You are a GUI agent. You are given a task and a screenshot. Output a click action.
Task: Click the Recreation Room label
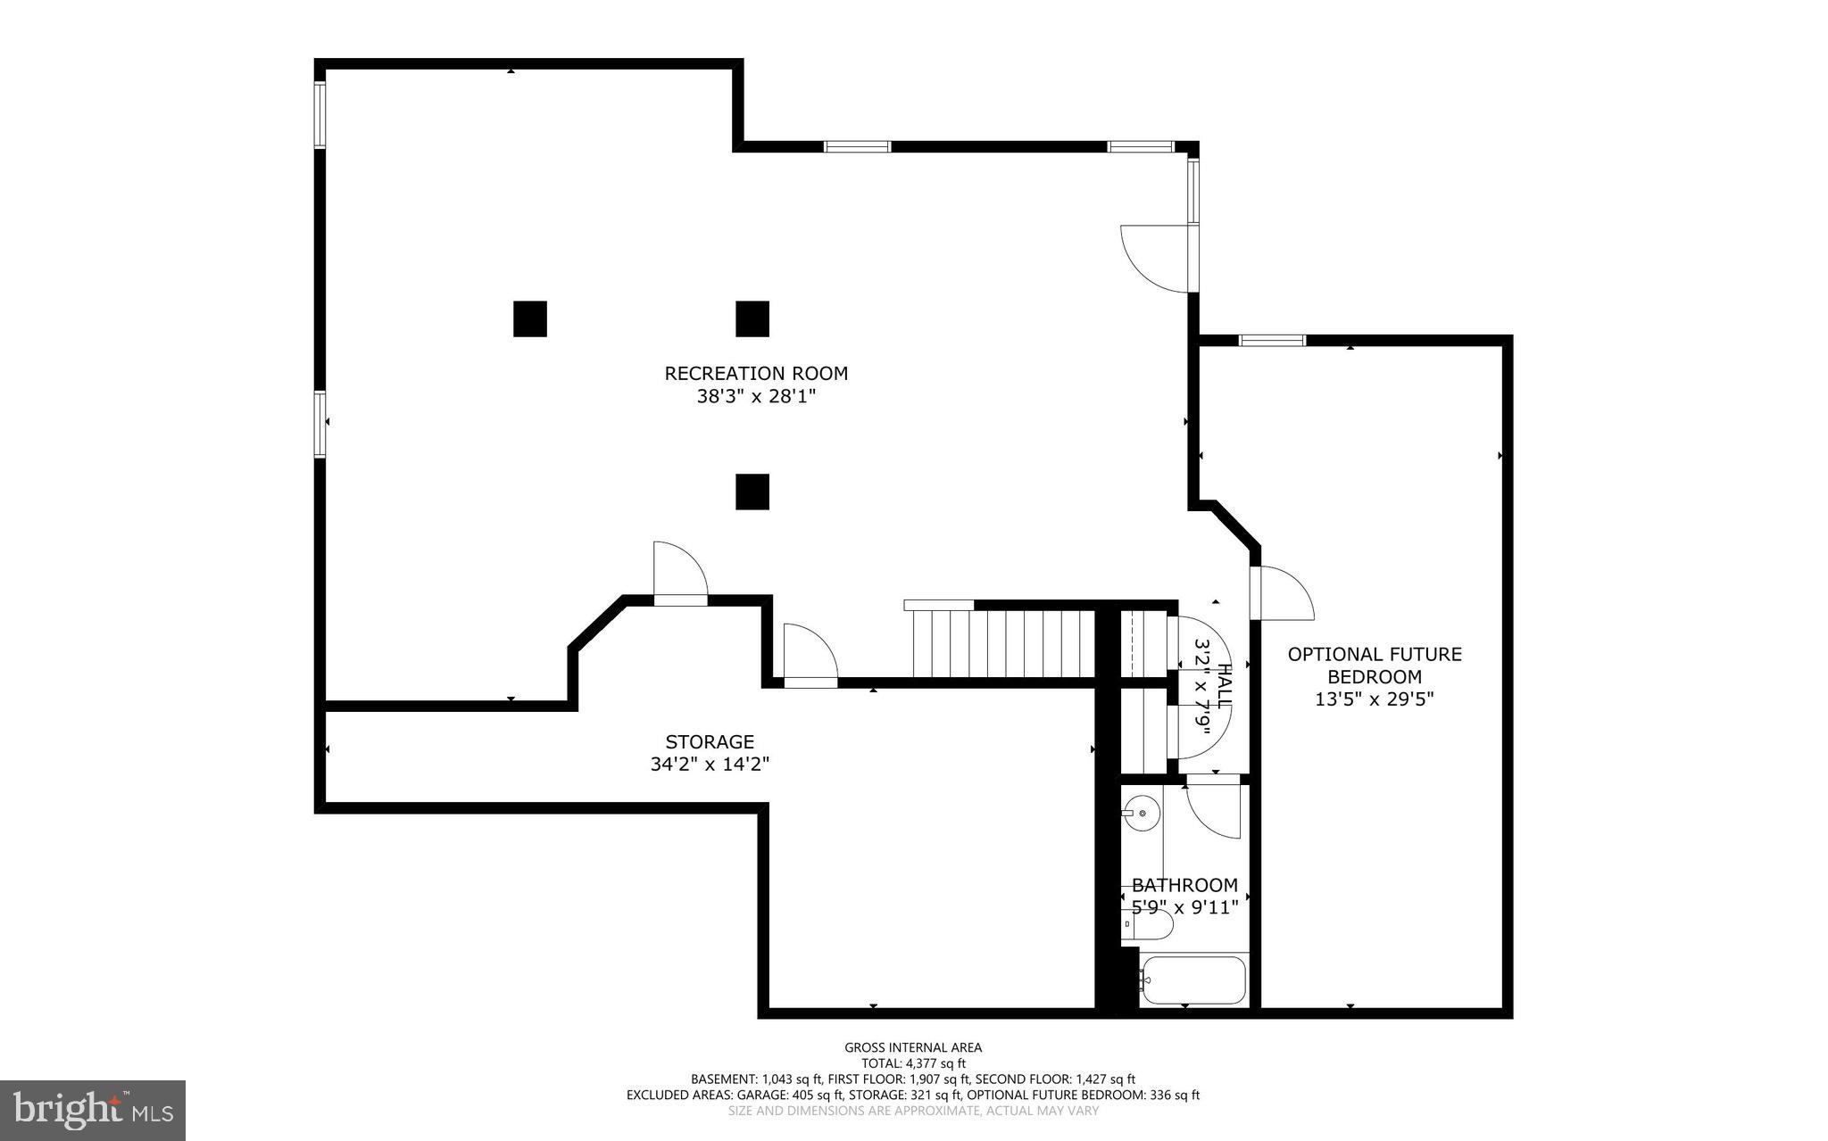[755, 373]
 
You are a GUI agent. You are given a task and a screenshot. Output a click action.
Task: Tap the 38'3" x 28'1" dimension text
[756, 396]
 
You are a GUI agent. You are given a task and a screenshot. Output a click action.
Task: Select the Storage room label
[710, 741]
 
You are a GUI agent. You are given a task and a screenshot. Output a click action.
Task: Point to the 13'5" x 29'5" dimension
[1374, 699]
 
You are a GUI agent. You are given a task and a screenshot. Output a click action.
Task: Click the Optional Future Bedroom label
[1374, 666]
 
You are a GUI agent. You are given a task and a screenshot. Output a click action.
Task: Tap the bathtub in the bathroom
[1193, 980]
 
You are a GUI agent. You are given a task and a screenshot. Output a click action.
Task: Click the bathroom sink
[1141, 813]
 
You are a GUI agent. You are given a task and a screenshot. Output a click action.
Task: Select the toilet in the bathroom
[1147, 925]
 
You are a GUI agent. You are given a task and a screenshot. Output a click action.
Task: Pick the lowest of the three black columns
[752, 492]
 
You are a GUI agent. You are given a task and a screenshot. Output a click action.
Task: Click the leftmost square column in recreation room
[529, 318]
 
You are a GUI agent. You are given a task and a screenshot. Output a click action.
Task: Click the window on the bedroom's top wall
[1272, 340]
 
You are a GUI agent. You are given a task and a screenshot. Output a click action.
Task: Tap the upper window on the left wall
[320, 114]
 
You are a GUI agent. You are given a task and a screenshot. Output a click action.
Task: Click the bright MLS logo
[93, 1110]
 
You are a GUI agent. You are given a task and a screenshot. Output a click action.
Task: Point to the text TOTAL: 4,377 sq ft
[912, 1063]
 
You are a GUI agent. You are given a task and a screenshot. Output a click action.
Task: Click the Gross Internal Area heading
[912, 1047]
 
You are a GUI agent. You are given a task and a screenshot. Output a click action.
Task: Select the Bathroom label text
[1184, 885]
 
